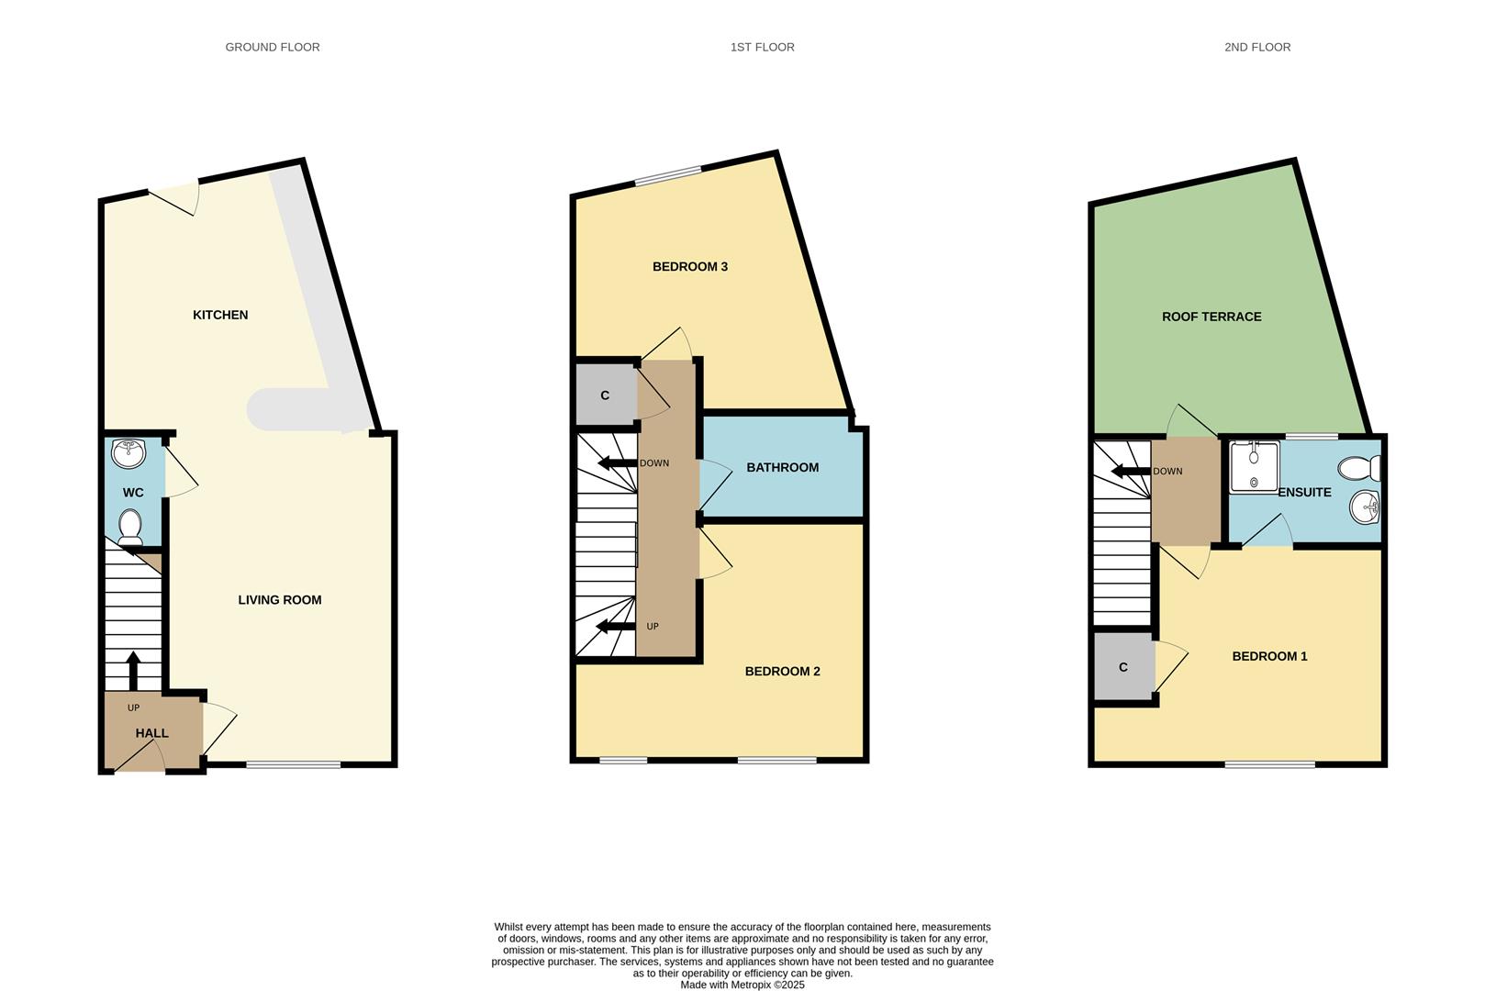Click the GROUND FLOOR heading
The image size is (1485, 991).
[273, 47]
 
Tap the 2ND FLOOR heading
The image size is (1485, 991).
[1256, 47]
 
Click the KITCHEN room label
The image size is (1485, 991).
[220, 315]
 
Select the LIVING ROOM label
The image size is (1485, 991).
[280, 600]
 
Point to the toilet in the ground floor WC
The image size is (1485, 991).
[130, 527]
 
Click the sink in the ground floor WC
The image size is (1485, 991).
[128, 452]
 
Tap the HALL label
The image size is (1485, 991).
[152, 733]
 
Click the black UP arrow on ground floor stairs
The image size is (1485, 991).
[133, 670]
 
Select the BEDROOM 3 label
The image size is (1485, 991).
[690, 267]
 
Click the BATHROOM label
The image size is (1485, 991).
[782, 467]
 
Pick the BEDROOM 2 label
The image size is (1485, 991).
[782, 672]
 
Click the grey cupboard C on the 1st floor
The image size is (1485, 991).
[605, 395]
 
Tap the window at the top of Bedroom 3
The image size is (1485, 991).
[667, 175]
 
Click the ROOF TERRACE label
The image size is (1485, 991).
[1211, 317]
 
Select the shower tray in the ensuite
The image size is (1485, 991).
[1254, 467]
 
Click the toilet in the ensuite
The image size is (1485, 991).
[1359, 469]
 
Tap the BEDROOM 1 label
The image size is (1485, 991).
[1269, 656]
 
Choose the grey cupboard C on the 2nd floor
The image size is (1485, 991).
[1123, 667]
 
